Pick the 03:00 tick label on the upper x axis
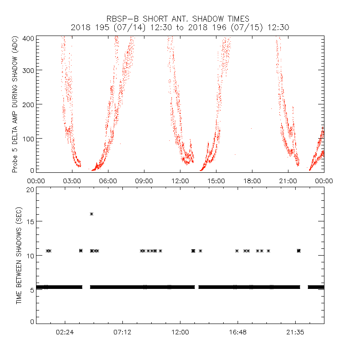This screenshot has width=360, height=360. pos(72,180)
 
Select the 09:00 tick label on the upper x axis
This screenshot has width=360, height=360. pos(144,180)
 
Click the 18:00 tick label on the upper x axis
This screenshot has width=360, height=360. pos(252,180)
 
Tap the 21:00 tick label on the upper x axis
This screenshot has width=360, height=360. pos(288,180)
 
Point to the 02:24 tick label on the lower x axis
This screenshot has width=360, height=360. pos(65,332)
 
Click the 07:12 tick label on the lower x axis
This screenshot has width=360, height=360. pos(122,332)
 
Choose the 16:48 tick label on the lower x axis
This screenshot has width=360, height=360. pos(238,332)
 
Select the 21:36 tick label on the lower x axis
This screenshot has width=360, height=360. pos(295,332)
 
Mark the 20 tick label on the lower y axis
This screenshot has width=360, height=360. pos(30,189)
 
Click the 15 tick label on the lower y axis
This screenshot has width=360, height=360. pos(30,222)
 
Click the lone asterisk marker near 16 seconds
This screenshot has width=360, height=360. pos(92,214)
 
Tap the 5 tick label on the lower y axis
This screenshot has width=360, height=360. pos(31,289)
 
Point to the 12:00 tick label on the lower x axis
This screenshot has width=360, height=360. pos(180,332)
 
